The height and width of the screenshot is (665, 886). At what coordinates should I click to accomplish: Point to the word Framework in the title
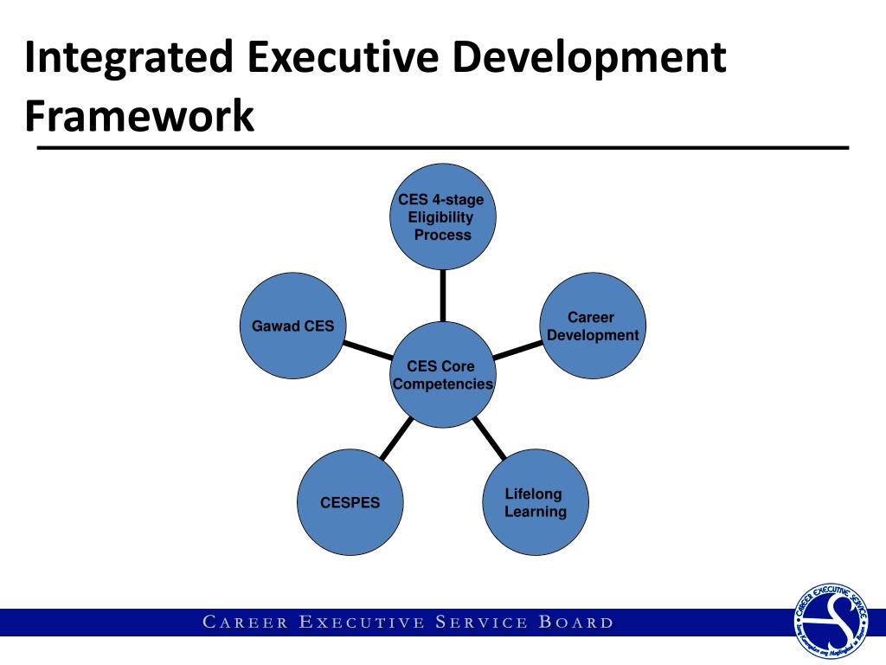click(x=139, y=116)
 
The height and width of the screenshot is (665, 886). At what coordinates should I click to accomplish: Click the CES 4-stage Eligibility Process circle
click(x=442, y=217)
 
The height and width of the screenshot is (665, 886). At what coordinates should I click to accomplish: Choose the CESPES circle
click(x=350, y=502)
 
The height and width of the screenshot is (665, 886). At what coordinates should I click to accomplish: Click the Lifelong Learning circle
click(x=536, y=502)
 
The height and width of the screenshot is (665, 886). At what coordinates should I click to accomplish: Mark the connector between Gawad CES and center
click(x=366, y=351)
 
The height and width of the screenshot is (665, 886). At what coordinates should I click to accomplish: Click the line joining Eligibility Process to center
click(x=442, y=294)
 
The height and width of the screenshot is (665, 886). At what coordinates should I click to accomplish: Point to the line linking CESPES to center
click(x=396, y=438)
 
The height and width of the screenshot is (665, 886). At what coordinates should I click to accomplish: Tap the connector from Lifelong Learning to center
click(x=490, y=438)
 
